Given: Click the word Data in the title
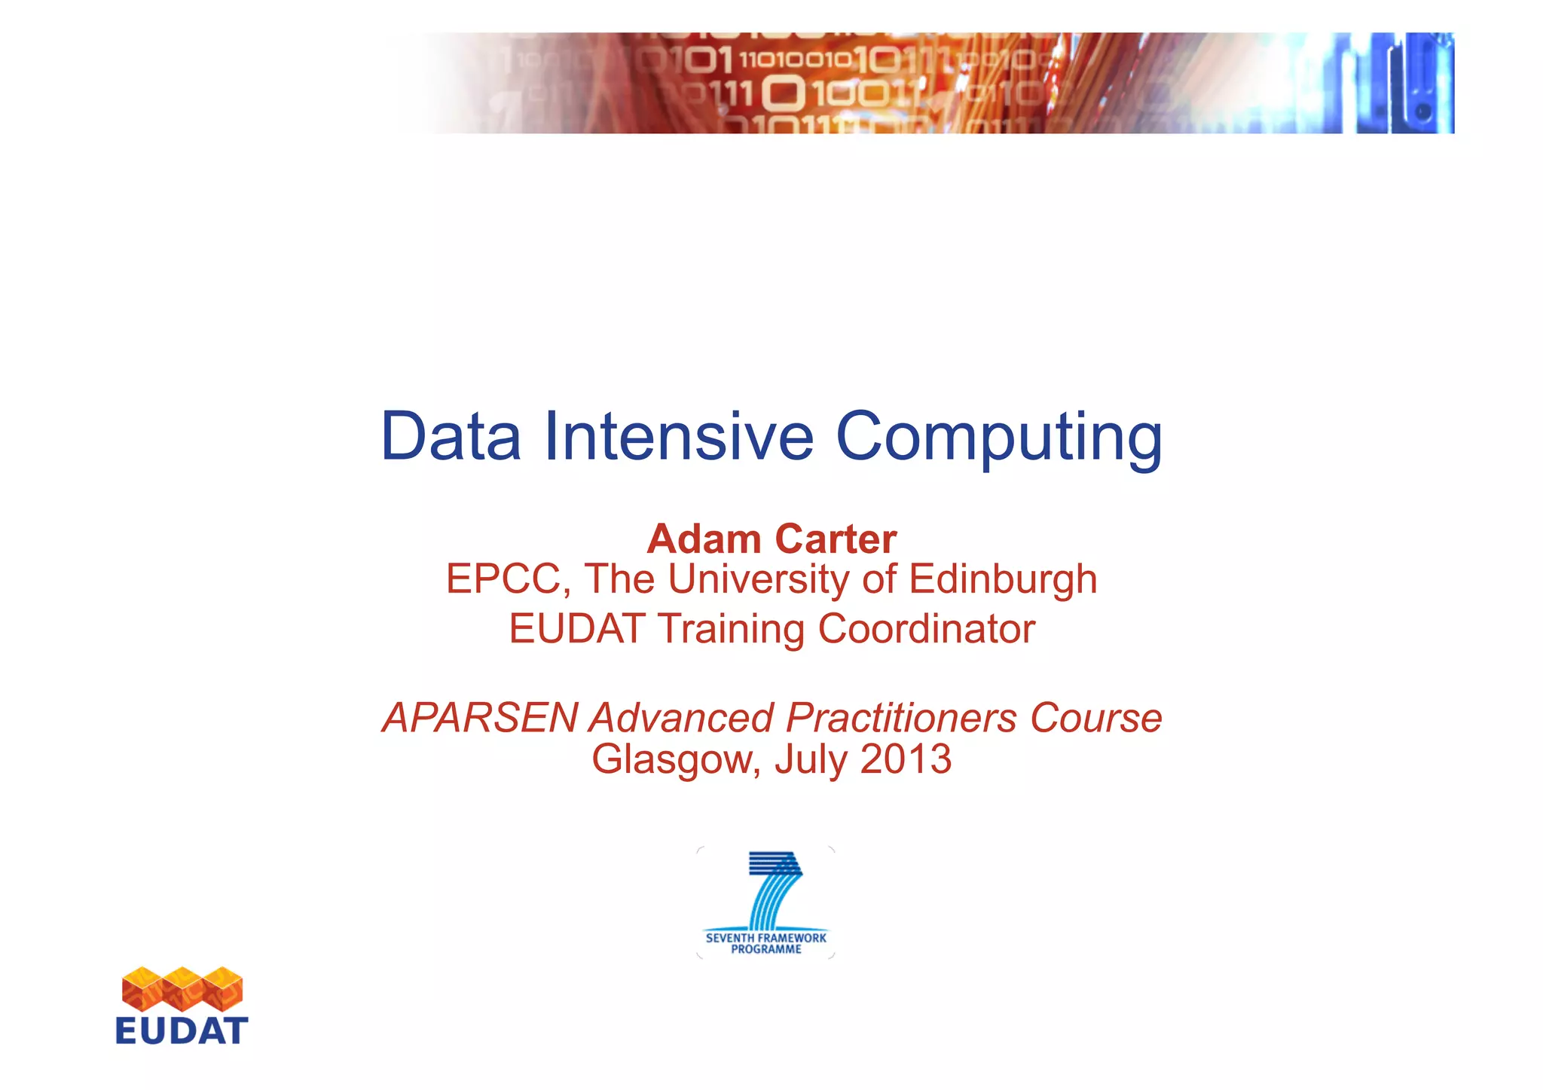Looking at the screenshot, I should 451,436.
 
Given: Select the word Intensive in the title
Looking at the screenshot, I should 678,436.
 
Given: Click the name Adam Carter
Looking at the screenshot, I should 771,539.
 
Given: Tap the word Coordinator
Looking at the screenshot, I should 926,629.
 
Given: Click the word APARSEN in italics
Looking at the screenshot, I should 480,718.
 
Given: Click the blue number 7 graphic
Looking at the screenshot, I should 772,889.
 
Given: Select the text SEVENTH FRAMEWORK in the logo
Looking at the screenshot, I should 765,938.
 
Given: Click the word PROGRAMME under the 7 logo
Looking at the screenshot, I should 765,950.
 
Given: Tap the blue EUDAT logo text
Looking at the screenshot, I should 182,1030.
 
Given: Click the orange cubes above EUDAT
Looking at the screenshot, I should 182,988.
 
